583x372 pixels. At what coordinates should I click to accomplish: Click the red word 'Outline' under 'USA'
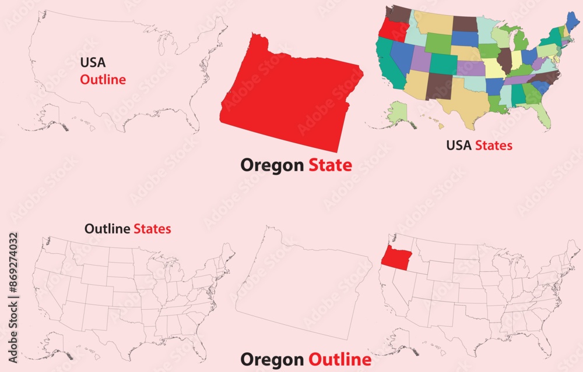pyautogui.click(x=103, y=80)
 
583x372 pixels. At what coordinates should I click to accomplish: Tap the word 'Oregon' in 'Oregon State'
pyautogui.click(x=272, y=165)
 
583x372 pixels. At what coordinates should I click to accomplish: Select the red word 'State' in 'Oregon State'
pyautogui.click(x=330, y=165)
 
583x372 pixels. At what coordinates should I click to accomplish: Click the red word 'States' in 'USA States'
pyautogui.click(x=494, y=145)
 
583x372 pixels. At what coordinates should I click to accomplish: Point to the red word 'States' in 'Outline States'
pyautogui.click(x=152, y=229)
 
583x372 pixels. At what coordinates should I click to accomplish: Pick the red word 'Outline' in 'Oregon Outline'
pyautogui.click(x=339, y=359)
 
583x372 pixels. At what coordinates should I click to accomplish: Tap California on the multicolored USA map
pyautogui.click(x=385, y=61)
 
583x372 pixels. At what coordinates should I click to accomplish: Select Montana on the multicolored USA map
pyautogui.click(x=432, y=23)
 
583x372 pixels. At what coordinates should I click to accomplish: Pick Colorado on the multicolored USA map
pyautogui.click(x=442, y=64)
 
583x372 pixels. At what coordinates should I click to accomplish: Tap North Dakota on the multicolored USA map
pyautogui.click(x=465, y=24)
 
